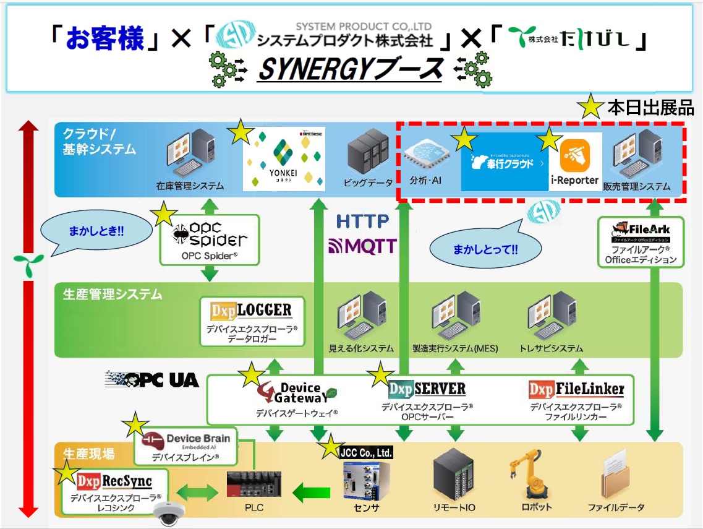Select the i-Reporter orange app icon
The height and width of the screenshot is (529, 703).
(574, 156)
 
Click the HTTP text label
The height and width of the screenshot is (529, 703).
(363, 221)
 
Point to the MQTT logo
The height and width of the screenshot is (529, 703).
(362, 246)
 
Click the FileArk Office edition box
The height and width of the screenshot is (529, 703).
(641, 242)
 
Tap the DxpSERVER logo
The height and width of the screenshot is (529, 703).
(427, 389)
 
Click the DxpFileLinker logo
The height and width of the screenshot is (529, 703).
(576, 389)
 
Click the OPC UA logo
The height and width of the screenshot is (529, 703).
(153, 379)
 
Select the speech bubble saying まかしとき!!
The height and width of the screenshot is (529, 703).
(96, 233)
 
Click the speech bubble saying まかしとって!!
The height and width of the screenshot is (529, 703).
(485, 249)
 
